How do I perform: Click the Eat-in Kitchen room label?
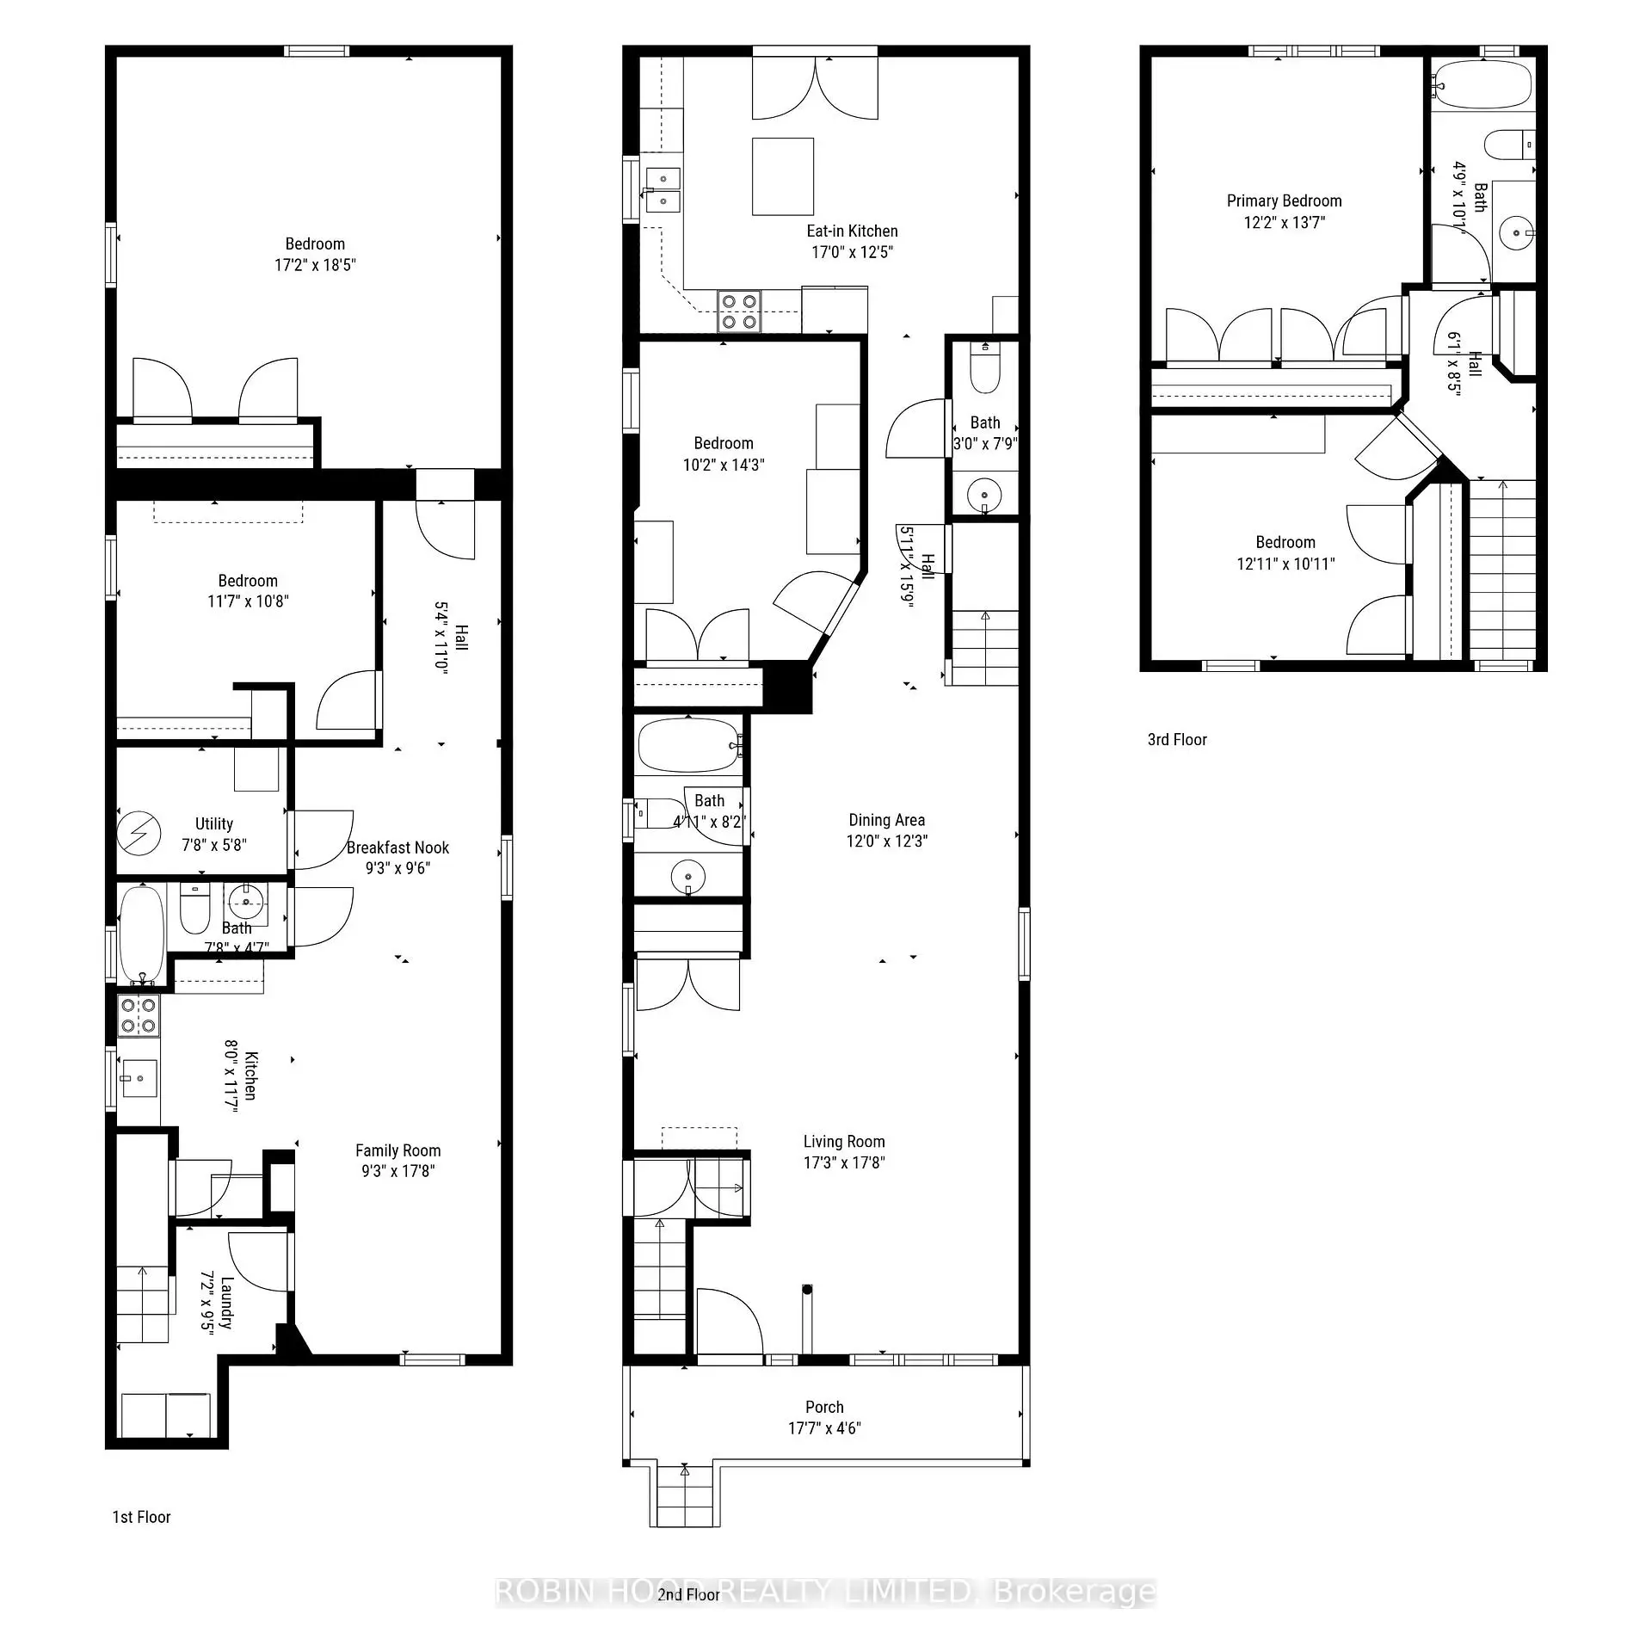point(852,231)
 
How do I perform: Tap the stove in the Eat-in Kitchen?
point(739,311)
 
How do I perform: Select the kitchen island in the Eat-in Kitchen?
point(782,176)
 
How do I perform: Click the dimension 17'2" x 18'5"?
point(315,265)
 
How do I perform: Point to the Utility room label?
point(213,823)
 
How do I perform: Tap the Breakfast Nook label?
point(398,848)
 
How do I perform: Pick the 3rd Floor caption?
point(1176,740)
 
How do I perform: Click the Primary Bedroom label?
point(1284,200)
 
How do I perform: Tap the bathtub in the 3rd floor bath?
point(1482,84)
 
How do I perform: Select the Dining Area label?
point(886,820)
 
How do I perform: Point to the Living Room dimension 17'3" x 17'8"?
point(843,1162)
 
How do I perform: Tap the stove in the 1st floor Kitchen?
point(139,1015)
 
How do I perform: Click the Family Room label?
point(398,1150)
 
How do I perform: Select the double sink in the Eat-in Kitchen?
point(663,189)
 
